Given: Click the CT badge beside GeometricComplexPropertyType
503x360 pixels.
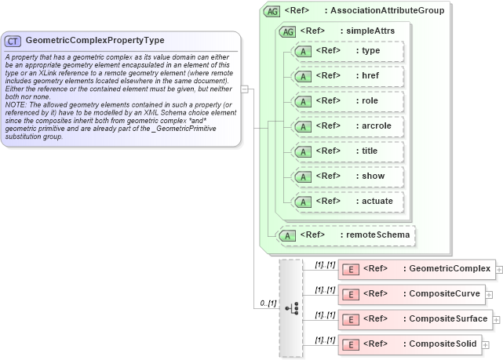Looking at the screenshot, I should point(13,40).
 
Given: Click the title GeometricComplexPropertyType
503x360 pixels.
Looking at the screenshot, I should point(95,40).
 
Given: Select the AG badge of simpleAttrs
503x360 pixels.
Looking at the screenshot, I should point(287,31).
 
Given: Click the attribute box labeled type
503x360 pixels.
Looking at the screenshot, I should point(347,51).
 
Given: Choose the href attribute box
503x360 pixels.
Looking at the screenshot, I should point(347,76).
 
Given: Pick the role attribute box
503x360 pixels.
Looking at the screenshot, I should point(347,101).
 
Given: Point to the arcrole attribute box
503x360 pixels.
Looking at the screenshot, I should point(347,126).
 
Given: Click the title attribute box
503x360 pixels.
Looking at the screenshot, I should point(347,151).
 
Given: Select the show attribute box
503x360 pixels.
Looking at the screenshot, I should point(347,176).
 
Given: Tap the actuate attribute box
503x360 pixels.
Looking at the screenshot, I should point(347,202).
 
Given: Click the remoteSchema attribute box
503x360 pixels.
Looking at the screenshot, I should point(345,235).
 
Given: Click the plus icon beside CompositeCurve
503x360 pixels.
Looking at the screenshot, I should point(489,295).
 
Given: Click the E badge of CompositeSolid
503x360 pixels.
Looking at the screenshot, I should point(352,345).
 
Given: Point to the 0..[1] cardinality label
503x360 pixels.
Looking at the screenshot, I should point(268,303).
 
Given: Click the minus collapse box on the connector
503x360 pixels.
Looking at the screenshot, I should point(245,89).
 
